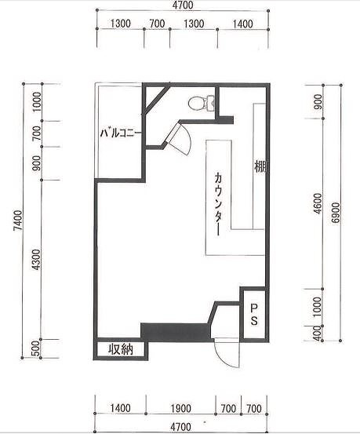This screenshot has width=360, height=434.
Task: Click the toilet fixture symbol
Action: pyautogui.click(x=201, y=104)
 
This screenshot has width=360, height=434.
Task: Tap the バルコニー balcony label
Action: pyautogui.click(x=121, y=133)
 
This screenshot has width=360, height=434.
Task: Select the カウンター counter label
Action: pyautogui.click(x=218, y=204)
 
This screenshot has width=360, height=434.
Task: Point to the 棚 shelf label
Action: pyautogui.click(x=260, y=167)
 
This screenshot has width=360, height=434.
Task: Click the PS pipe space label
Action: pyautogui.click(x=254, y=315)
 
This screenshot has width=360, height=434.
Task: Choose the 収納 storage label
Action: pyautogui.click(x=121, y=349)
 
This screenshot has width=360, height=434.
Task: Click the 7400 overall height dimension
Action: pyautogui.click(x=18, y=221)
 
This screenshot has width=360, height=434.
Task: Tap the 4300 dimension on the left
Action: pyautogui.click(x=36, y=260)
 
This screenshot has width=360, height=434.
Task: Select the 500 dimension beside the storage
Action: pyautogui.click(x=36, y=348)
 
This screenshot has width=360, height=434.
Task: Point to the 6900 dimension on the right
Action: pyautogui.click(x=336, y=213)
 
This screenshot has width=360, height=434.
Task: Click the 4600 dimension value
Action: pyautogui.click(x=318, y=204)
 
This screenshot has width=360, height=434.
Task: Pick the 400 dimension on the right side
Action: pyautogui.click(x=318, y=333)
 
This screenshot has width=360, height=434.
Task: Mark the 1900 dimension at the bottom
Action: pyautogui.click(x=180, y=408)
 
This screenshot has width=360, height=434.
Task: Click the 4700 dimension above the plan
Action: pyautogui.click(x=183, y=5)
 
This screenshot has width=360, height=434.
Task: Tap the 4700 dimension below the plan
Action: pyautogui.click(x=180, y=426)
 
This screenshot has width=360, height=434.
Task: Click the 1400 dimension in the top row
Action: pyautogui.click(x=242, y=24)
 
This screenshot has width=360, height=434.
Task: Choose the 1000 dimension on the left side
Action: pyautogui.click(x=36, y=102)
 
